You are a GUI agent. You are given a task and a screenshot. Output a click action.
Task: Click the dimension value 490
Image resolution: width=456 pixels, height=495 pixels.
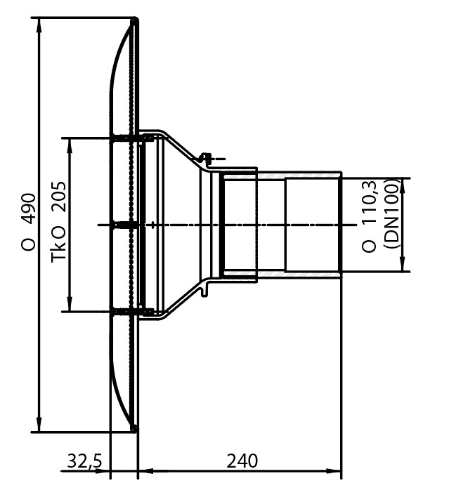click(x=29, y=209)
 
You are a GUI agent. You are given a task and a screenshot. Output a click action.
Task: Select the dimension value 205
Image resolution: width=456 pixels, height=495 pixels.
click(x=59, y=197)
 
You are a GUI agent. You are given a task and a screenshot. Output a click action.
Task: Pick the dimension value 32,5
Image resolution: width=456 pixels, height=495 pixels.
click(x=85, y=461)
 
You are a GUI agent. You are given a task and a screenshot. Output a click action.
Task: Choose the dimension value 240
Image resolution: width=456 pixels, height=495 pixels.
click(x=242, y=461)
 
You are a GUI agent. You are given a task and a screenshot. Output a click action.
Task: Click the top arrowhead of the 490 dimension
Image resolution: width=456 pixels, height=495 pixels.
click(x=39, y=26)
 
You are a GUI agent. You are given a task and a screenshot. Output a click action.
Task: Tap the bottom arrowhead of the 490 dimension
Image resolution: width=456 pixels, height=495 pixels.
click(x=39, y=424)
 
